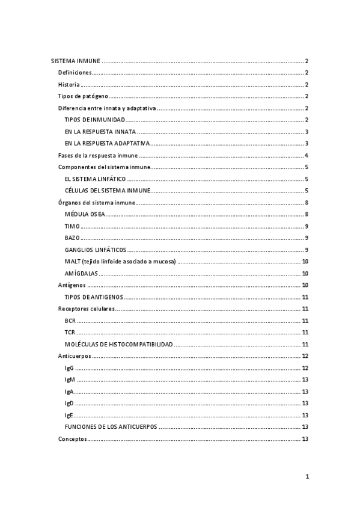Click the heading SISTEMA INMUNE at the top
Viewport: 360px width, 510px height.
click(75, 61)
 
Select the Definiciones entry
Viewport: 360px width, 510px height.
click(75, 73)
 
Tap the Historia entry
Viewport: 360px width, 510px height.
click(69, 85)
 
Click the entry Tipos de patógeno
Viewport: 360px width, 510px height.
click(83, 96)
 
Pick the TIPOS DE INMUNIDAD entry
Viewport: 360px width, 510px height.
click(95, 120)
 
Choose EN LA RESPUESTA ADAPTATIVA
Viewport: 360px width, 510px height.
click(106, 143)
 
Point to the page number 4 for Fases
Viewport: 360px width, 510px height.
click(307, 155)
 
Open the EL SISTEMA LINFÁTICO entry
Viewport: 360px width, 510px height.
click(95, 179)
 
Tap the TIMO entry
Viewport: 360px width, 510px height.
click(72, 226)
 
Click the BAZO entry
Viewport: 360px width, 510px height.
click(72, 238)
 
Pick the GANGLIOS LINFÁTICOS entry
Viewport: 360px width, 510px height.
click(95, 250)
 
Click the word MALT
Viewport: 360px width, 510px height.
click(72, 262)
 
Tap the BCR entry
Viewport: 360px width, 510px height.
click(70, 321)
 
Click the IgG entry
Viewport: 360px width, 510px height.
click(69, 368)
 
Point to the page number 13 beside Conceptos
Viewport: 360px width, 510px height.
click(305, 438)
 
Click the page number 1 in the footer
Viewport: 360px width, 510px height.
click(307, 477)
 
